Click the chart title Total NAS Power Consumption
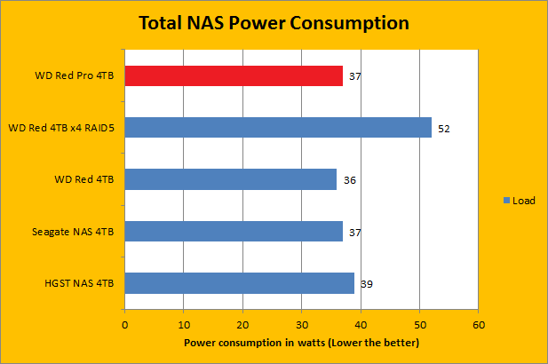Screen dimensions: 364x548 [x=274, y=22]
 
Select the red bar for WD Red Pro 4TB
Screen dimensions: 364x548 [x=234, y=76]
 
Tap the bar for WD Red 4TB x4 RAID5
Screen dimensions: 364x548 [x=278, y=128]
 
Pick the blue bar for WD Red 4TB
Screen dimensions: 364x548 [x=231, y=179]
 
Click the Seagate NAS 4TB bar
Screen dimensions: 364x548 [x=234, y=232]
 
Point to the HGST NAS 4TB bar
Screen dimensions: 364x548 [x=240, y=283]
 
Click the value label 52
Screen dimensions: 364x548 [x=444, y=129]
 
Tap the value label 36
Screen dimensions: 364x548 [x=350, y=180]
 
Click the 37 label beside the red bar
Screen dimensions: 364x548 [x=355, y=77]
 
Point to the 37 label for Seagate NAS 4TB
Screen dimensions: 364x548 [x=355, y=233]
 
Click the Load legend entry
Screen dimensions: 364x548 [x=523, y=201]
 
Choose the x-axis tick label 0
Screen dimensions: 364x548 [x=125, y=324]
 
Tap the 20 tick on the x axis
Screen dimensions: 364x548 [x=242, y=324]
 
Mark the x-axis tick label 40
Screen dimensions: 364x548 [x=361, y=324]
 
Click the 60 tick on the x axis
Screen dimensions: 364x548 [x=478, y=324]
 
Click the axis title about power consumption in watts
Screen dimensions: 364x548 [x=301, y=343]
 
